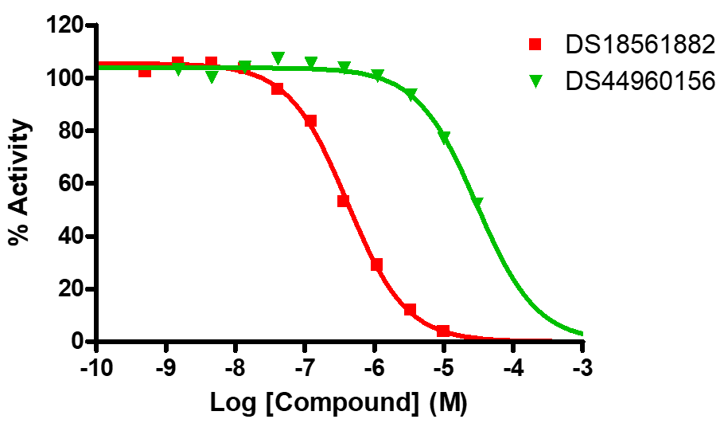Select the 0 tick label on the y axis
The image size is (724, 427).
(78, 342)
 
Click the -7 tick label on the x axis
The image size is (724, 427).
(305, 369)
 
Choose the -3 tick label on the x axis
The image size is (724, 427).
(583, 369)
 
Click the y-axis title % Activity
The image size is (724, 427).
(21, 183)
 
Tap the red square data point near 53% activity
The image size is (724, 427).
(344, 201)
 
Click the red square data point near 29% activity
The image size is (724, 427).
(377, 264)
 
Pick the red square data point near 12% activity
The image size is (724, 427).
(411, 309)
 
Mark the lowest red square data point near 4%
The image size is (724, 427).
(443, 331)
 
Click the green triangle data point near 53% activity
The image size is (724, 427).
(477, 202)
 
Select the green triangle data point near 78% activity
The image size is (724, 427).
(444, 137)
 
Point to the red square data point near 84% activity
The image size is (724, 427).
(310, 121)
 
